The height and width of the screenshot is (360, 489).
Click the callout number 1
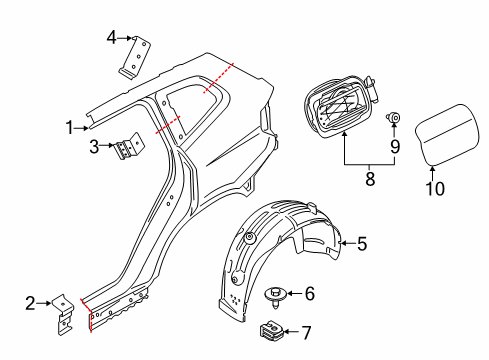click(70, 127)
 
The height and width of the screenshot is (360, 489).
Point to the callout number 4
click(112, 38)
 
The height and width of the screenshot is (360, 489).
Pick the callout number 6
click(309, 293)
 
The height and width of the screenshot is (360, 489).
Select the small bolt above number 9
click(394, 119)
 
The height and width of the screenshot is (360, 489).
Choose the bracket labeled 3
click(126, 151)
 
